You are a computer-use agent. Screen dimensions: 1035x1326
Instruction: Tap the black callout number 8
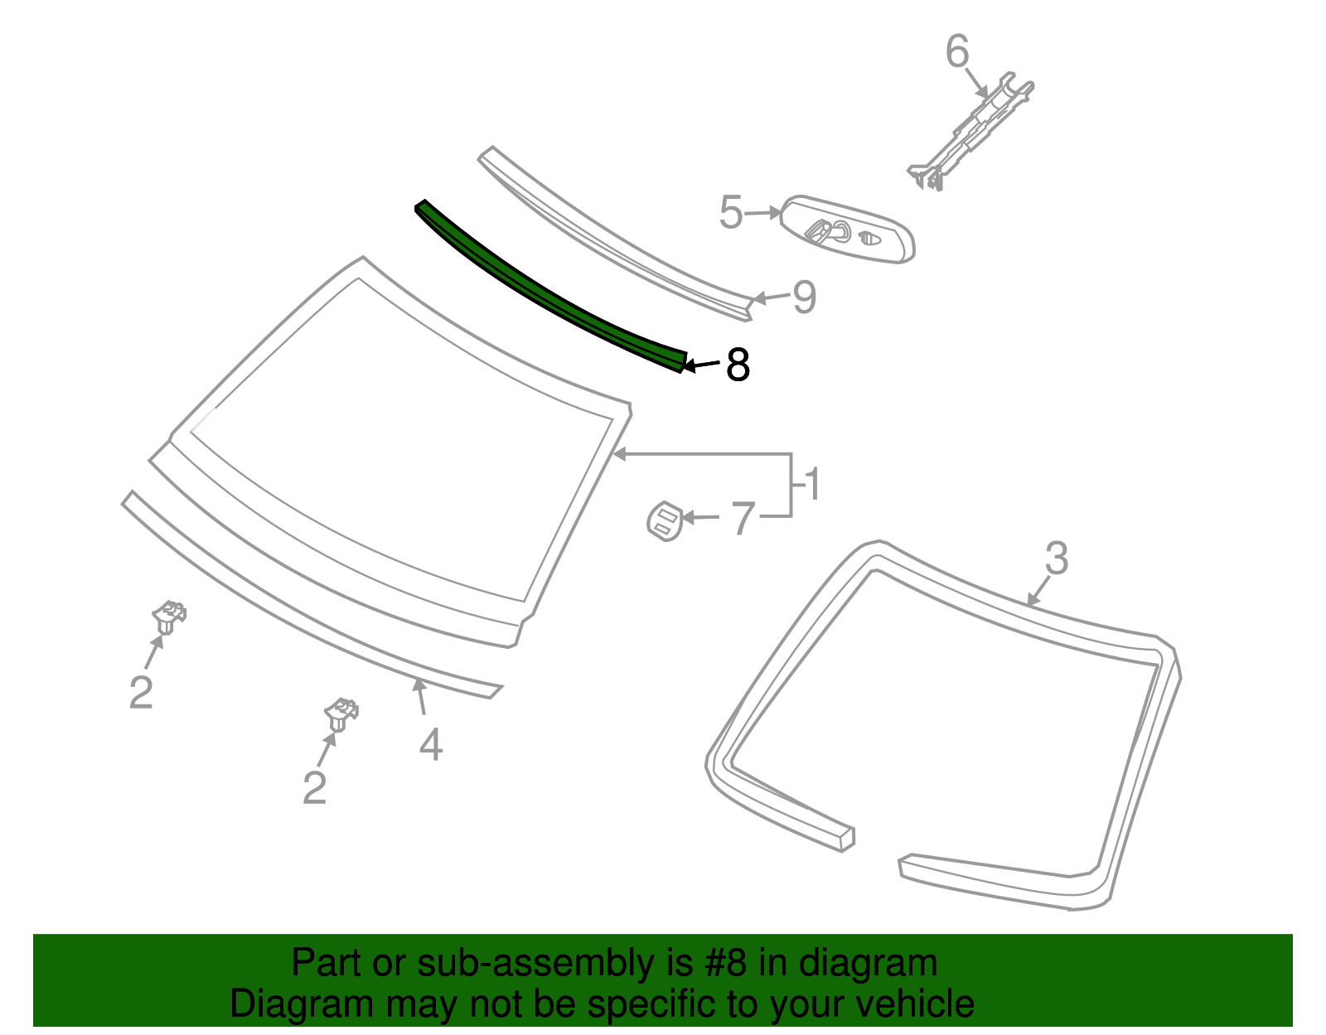738,365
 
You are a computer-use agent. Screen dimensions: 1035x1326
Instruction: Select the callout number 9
804,297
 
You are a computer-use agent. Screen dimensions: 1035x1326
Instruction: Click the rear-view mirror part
849,230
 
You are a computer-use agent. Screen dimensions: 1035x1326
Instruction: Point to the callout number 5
731,213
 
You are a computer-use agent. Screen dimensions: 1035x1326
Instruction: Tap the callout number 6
957,52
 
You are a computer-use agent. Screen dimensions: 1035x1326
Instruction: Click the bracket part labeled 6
974,133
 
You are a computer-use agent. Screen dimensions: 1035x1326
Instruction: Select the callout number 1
812,485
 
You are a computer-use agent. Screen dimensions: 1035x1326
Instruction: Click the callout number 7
743,519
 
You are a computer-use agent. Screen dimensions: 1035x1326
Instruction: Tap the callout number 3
1057,559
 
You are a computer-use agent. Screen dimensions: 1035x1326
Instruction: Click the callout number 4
431,744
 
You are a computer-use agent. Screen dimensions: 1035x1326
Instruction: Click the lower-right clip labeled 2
341,714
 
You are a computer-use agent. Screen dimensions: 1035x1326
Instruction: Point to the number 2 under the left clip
141,692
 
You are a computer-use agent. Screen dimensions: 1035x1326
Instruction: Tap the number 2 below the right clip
314,787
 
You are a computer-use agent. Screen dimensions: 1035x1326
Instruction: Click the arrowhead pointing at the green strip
686,365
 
